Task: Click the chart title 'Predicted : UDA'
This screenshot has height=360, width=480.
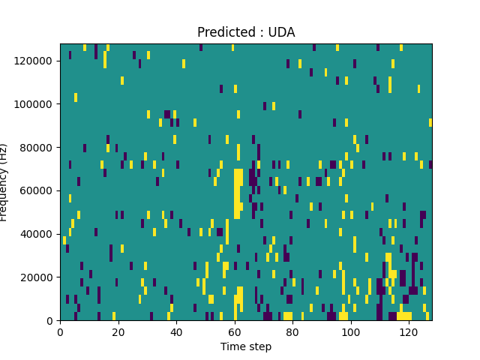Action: pyautogui.click(x=246, y=32)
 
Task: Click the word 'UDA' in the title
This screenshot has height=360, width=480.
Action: pyautogui.click(x=282, y=32)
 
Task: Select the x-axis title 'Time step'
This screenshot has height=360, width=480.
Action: pyautogui.click(x=246, y=346)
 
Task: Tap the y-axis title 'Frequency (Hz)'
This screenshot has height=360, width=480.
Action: pyautogui.click(x=4, y=182)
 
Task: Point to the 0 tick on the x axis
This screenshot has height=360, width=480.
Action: pyautogui.click(x=60, y=331)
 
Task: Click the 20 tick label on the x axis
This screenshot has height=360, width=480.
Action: pyautogui.click(x=118, y=331)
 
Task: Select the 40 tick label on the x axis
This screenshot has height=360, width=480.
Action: pyautogui.click(x=176, y=331)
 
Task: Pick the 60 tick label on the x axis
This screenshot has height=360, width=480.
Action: pyautogui.click(x=235, y=331)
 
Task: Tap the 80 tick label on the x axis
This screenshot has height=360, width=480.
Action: pyautogui.click(x=292, y=331)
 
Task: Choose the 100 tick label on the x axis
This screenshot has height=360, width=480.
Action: pyautogui.click(x=350, y=331)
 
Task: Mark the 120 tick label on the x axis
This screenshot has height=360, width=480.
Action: pyautogui.click(x=409, y=331)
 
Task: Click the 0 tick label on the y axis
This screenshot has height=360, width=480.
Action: pyautogui.click(x=51, y=321)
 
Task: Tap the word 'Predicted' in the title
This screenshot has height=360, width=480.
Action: pyautogui.click(x=222, y=32)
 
